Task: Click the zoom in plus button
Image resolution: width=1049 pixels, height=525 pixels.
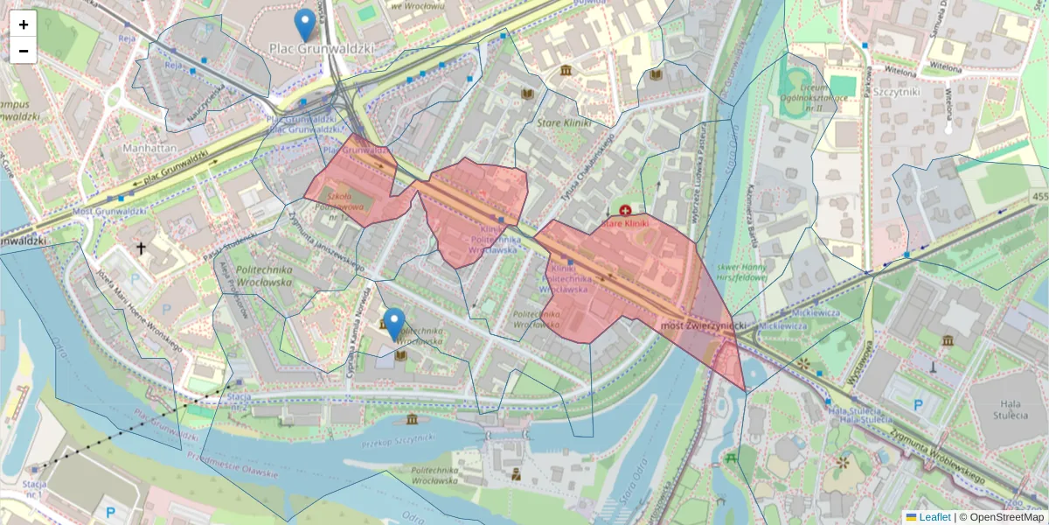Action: [x=24, y=24]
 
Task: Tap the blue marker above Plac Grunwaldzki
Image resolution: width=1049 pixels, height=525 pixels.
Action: [x=304, y=25]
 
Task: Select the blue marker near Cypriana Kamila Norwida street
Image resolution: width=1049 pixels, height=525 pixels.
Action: [x=395, y=324]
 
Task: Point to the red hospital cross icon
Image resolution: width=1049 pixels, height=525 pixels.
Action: [x=625, y=210]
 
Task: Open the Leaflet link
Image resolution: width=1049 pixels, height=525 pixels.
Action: [x=934, y=517]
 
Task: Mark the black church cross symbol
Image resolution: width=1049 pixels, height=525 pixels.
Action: [x=141, y=248]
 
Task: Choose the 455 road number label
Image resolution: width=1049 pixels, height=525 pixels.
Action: [x=1038, y=198]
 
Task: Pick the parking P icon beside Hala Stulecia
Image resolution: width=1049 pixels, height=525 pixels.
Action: [x=918, y=404]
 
